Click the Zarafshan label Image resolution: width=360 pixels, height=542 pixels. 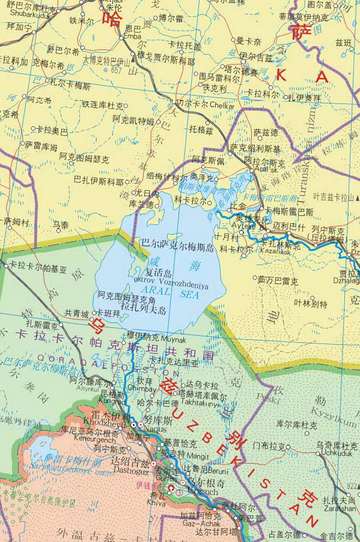pos(339,509)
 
